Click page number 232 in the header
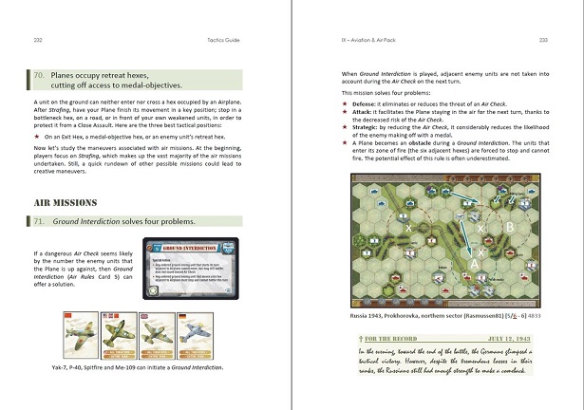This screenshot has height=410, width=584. point(37,40)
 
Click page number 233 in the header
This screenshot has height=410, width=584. point(543,40)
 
